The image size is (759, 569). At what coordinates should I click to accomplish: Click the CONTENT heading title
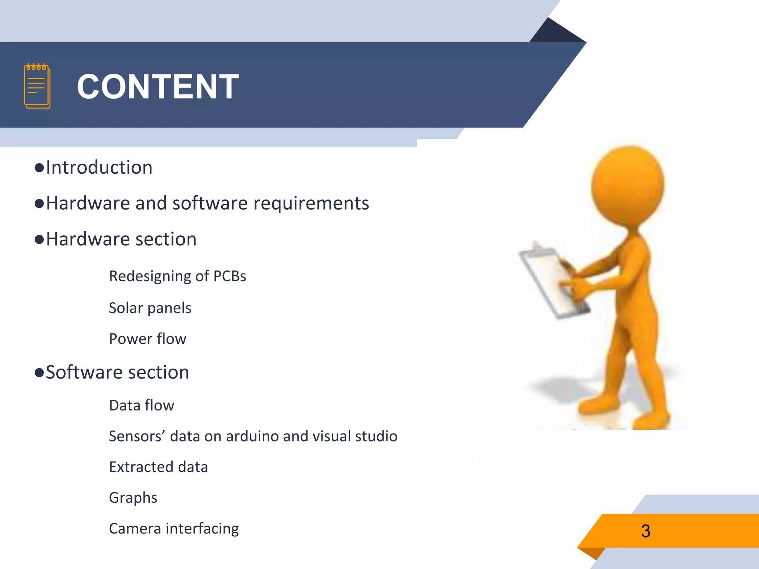(x=158, y=86)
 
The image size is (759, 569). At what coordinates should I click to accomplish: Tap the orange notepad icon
(x=37, y=86)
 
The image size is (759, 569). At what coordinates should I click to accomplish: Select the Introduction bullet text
(x=99, y=167)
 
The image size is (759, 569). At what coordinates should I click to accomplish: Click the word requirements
(x=311, y=203)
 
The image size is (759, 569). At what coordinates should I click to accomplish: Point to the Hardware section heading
(x=121, y=239)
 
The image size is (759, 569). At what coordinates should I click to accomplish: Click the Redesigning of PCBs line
(x=178, y=276)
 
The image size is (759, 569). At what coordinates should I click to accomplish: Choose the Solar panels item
(x=150, y=308)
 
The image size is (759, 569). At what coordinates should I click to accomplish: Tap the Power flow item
(x=148, y=339)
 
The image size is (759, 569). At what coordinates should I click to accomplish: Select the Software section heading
(x=117, y=372)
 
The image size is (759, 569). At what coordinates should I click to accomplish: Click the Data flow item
(x=142, y=405)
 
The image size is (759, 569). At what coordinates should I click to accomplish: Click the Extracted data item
(x=158, y=467)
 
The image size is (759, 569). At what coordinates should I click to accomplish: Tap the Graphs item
(x=133, y=498)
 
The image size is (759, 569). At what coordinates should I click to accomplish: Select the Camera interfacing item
(x=174, y=528)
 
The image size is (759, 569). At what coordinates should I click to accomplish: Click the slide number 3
(x=646, y=531)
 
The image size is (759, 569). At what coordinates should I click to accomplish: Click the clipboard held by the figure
(x=548, y=282)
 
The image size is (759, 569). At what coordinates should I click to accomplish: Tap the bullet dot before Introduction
(x=39, y=168)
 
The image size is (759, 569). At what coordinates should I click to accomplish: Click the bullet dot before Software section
(x=39, y=372)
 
